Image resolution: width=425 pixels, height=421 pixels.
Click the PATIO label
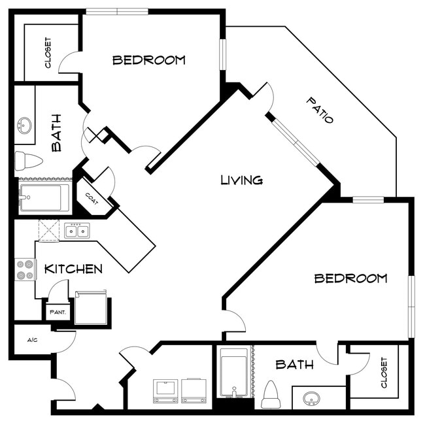point(320,110)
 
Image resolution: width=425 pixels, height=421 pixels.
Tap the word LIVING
point(241,180)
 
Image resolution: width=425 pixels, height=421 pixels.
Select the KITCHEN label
point(73,269)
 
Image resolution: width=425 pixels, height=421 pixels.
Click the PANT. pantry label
point(58,312)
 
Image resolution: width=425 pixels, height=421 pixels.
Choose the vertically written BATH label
point(56,133)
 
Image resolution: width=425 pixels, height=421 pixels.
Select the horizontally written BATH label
point(294,365)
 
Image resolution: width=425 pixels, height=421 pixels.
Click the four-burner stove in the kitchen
point(25,269)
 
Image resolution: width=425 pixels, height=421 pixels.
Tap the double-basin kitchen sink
point(77,230)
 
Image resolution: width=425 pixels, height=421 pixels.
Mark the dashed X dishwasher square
point(49,231)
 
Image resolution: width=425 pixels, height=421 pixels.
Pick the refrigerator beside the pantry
point(90,308)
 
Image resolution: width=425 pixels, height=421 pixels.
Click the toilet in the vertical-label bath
point(28,160)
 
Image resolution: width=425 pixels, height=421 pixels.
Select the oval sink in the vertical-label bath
point(25,125)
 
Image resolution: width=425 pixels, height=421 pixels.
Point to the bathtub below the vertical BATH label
point(44,197)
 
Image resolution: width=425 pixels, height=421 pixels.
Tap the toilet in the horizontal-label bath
point(271,394)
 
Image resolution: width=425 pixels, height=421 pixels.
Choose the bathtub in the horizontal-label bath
point(233,373)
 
